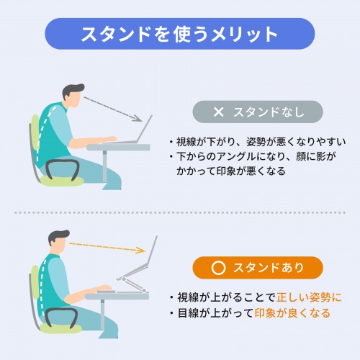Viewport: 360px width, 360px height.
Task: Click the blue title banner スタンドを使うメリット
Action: pyautogui.click(x=179, y=33)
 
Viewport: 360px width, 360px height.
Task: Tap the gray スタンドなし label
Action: pyautogui.click(x=257, y=112)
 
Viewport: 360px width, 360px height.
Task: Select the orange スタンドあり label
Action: pyautogui.click(x=257, y=268)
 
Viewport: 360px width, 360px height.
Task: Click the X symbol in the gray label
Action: pyautogui.click(x=219, y=112)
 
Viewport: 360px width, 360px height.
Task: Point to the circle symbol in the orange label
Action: pyautogui.click(x=219, y=268)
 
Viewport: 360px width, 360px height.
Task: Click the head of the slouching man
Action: pyautogui.click(x=74, y=95)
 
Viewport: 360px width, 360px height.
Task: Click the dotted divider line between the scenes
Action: pyautogui.click(x=179, y=212)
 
